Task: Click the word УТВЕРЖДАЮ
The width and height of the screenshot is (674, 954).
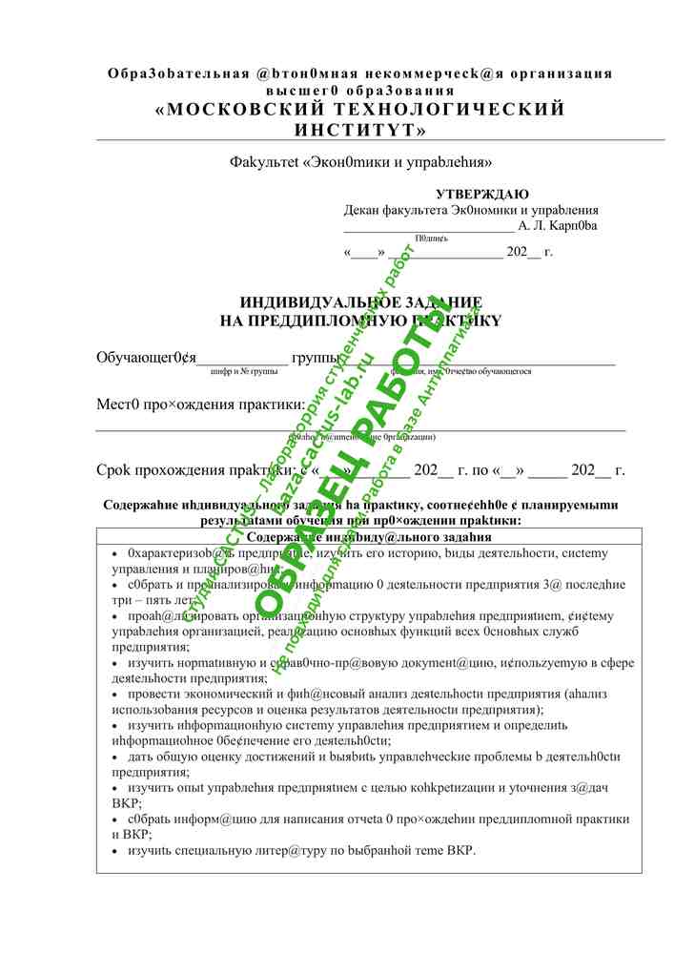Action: click(x=482, y=195)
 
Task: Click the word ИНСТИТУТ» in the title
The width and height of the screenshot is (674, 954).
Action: click(x=360, y=129)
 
